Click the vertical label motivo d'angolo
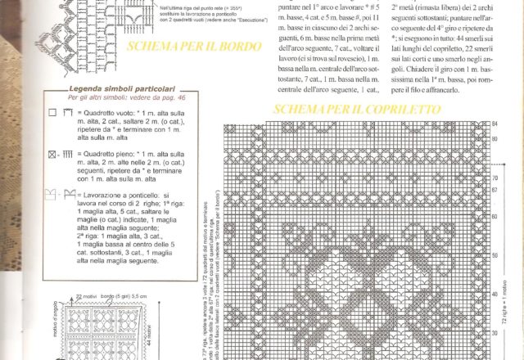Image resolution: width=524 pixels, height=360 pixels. (56, 323)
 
